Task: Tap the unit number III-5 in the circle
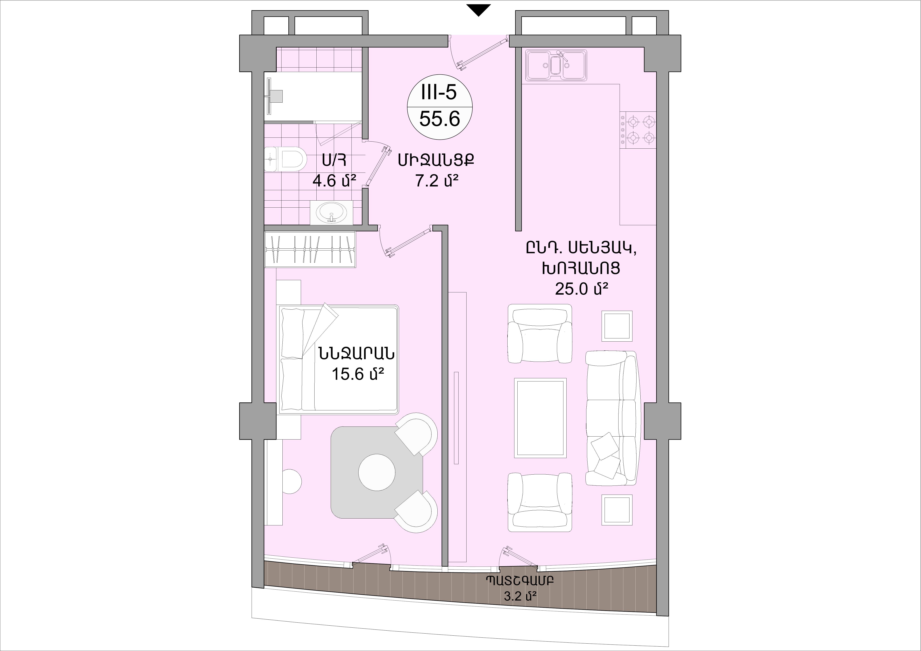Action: tap(439, 93)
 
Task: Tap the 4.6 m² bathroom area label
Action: tap(334, 181)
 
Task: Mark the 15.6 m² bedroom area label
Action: tap(358, 374)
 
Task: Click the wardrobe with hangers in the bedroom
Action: tap(310, 249)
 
